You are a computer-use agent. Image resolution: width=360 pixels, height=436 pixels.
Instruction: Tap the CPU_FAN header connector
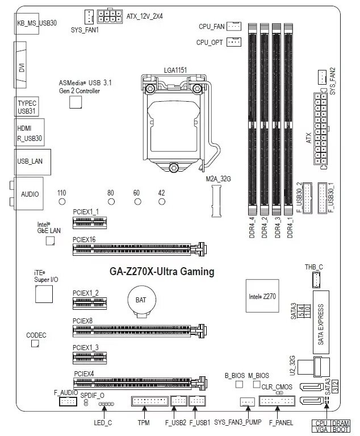tap(234, 26)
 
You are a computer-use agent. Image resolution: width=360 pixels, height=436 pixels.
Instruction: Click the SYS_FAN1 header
tap(89, 16)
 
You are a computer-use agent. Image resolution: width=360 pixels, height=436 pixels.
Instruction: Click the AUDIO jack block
tap(30, 194)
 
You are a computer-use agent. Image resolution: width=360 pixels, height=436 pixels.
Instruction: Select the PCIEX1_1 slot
tap(89, 222)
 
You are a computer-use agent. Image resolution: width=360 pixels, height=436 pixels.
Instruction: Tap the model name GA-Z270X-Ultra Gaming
tap(162, 272)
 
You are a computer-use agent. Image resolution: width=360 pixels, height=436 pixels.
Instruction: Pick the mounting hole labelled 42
tap(162, 201)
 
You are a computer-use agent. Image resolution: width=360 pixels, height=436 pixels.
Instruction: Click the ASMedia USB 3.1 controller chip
tap(76, 102)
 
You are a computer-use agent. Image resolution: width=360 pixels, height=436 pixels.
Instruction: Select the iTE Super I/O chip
tap(43, 294)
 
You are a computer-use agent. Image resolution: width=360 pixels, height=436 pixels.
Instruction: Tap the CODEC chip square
tap(35, 344)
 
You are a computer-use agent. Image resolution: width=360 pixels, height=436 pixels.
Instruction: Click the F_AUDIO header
tap(68, 401)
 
